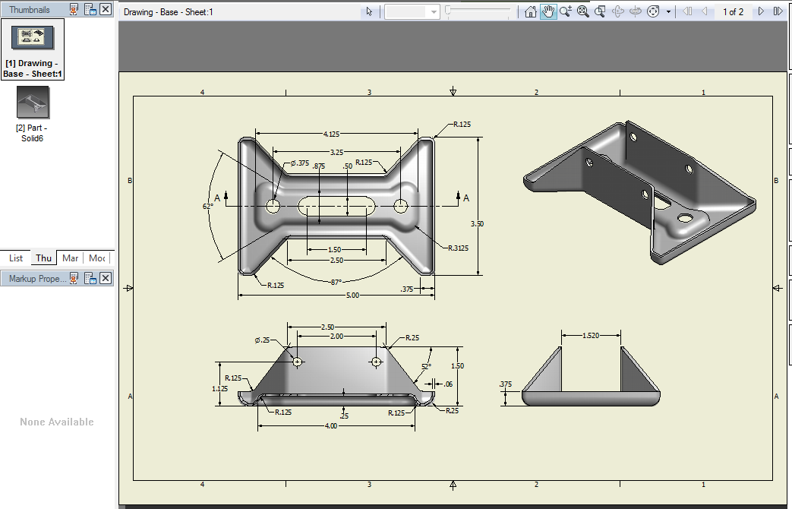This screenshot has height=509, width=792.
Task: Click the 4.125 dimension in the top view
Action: click(x=331, y=134)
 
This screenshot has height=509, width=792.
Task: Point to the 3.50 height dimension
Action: click(x=477, y=224)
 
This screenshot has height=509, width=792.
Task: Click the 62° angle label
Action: click(x=208, y=206)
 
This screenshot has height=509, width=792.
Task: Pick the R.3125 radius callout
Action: click(x=459, y=248)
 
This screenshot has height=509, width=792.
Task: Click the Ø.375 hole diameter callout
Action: click(x=299, y=163)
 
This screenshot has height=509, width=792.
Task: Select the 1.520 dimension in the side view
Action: click(x=591, y=335)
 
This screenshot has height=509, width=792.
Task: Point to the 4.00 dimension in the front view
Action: click(x=332, y=426)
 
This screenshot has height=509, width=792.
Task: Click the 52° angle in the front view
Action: click(x=426, y=366)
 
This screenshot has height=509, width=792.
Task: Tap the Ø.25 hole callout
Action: click(x=262, y=340)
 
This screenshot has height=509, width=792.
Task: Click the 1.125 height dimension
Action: click(x=219, y=388)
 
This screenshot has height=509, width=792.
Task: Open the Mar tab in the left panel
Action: click(x=71, y=258)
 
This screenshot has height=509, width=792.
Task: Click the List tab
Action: click(x=16, y=258)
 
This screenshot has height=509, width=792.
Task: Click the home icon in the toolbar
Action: click(x=532, y=11)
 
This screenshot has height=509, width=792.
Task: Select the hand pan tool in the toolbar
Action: click(x=548, y=11)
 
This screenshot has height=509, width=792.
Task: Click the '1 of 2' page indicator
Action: click(x=733, y=11)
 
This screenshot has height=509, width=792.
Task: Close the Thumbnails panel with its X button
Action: click(x=106, y=9)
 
